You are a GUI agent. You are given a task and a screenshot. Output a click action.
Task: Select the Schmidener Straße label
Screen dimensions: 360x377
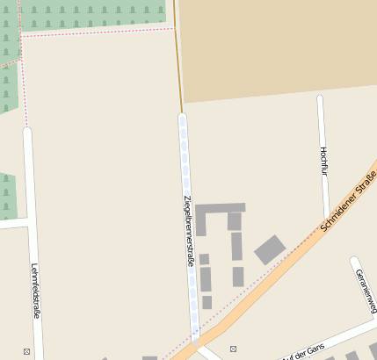[x=349, y=203]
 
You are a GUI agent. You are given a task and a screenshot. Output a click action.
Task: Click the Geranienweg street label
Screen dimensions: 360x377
[x=366, y=290]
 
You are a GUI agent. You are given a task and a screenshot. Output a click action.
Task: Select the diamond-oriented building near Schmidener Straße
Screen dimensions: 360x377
[x=270, y=250]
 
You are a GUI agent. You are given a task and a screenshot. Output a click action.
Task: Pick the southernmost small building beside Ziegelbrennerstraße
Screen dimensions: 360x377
[x=207, y=302]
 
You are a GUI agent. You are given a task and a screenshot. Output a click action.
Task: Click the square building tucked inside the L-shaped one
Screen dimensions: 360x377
[x=234, y=221]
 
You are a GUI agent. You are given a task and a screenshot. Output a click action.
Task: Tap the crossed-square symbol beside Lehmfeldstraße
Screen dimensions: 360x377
[x=27, y=351]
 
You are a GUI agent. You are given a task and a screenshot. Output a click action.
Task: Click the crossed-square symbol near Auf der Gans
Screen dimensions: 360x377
[x=233, y=349]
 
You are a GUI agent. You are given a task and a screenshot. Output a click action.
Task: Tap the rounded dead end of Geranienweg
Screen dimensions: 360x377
[x=354, y=261]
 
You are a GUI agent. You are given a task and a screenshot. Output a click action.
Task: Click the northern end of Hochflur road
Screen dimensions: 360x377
[x=321, y=98]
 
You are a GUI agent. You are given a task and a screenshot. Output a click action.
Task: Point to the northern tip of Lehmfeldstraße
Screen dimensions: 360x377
[x=27, y=132]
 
